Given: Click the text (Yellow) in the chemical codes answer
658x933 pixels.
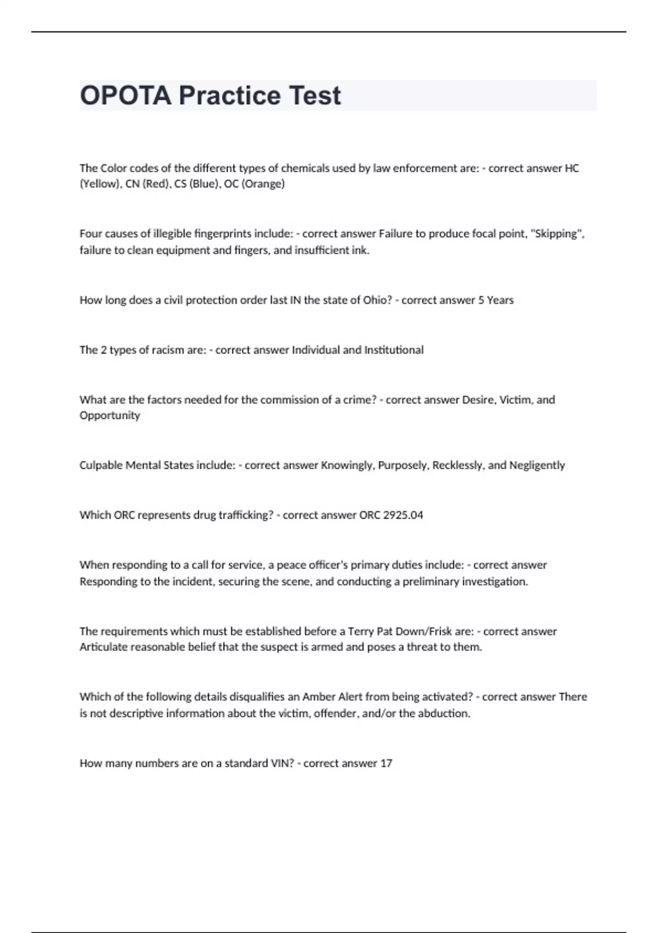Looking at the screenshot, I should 100,184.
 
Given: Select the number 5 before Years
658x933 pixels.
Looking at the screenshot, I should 481,300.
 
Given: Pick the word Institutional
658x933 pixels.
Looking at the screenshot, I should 394,350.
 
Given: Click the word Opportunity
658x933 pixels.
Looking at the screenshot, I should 110,415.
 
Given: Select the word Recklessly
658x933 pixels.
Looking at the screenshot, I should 458,465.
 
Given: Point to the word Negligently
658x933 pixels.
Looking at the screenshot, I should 537,465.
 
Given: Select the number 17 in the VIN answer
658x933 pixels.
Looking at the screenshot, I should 386,763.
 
